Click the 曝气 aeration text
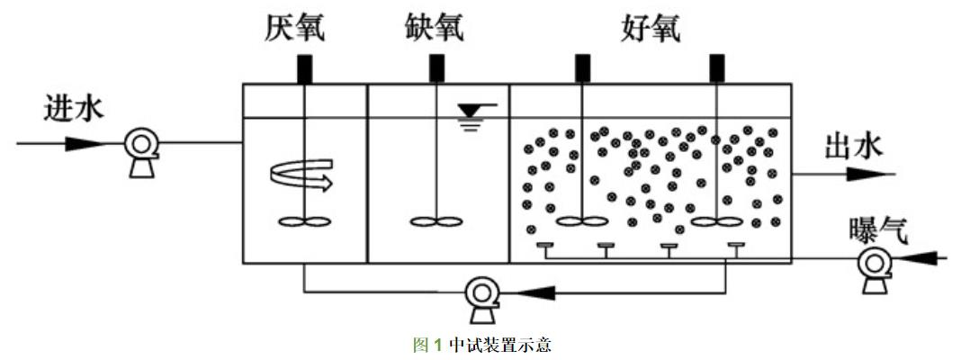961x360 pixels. [879, 230]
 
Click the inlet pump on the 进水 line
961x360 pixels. [141, 144]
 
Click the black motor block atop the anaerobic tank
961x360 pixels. [304, 68]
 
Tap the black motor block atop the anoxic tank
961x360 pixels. [436, 68]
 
